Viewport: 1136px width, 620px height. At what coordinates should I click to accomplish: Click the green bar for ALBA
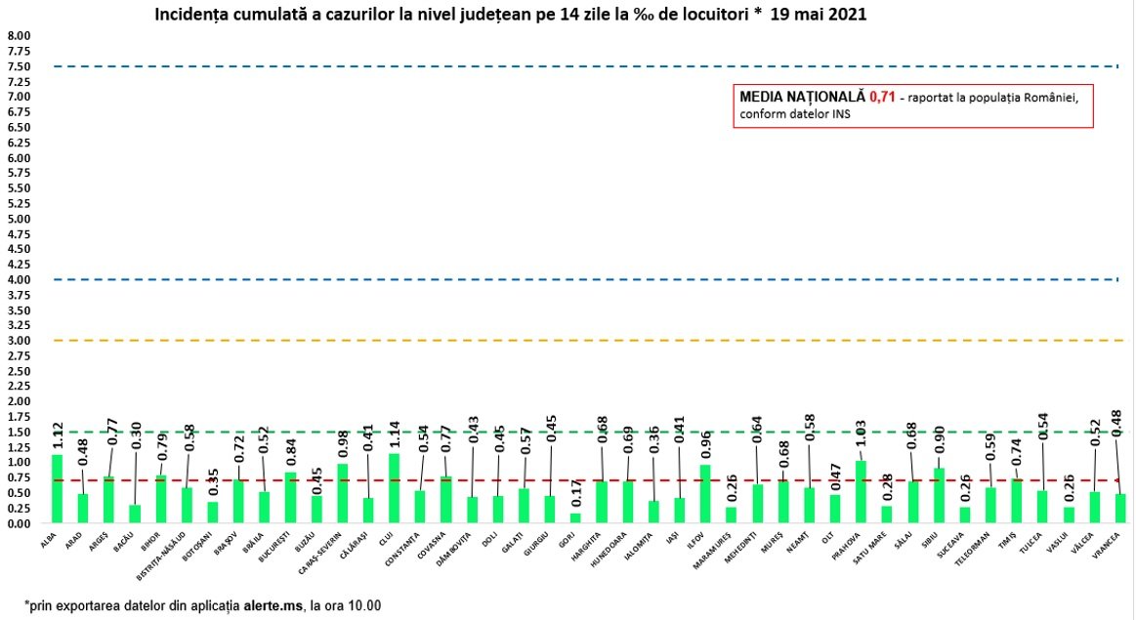pyautogui.click(x=57, y=489)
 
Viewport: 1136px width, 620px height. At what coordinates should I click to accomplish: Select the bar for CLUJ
pyautogui.click(x=394, y=488)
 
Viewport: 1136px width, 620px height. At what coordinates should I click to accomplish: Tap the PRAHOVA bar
pyautogui.click(x=861, y=492)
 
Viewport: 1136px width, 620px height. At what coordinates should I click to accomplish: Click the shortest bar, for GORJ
pyautogui.click(x=575, y=518)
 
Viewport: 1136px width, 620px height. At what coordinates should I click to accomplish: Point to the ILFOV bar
pyautogui.click(x=705, y=494)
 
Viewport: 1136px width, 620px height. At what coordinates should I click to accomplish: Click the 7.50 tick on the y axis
pyautogui.click(x=20, y=66)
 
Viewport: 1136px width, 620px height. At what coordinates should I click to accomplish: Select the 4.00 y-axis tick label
pyautogui.click(x=20, y=279)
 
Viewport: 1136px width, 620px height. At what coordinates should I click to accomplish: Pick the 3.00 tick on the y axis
pyautogui.click(x=20, y=341)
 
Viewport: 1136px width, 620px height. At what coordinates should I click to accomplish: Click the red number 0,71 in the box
pyautogui.click(x=882, y=98)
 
